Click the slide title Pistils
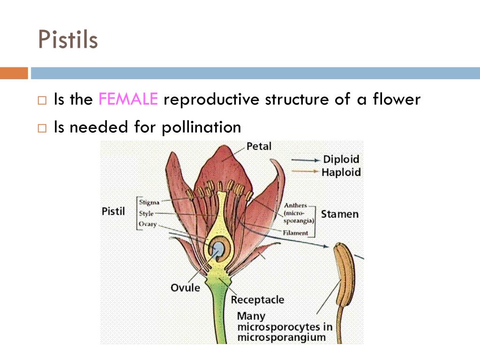point(68,39)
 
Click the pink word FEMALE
point(128,99)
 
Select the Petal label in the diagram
point(259,146)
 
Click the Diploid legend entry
point(341,159)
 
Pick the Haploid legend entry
point(341,172)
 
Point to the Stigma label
point(149,202)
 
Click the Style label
point(146,214)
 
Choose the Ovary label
point(148,224)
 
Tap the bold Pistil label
point(113,211)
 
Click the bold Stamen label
point(339,214)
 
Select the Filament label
point(295,232)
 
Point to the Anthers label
point(295,205)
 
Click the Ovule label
point(185,287)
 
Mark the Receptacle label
point(257,300)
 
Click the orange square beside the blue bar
point(14,73)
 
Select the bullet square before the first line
point(43,101)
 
